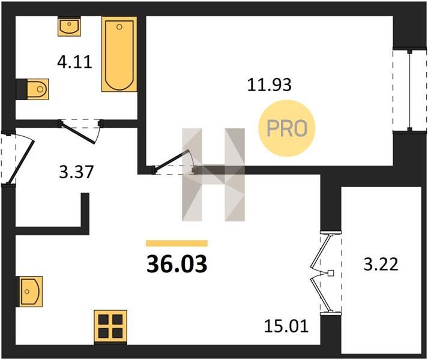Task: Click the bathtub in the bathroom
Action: [119, 54]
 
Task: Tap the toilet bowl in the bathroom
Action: [38, 89]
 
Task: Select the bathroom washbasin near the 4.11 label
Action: [69, 26]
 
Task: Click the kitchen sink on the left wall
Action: [29, 292]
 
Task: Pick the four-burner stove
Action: [110, 326]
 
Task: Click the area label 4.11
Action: [74, 62]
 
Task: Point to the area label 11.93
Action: [269, 85]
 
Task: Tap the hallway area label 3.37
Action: [76, 172]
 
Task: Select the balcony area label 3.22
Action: [381, 264]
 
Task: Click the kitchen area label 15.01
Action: [286, 326]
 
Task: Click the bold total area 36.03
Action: [177, 264]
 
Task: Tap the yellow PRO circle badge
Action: [287, 128]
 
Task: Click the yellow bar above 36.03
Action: [177, 243]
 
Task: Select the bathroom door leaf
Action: [79, 133]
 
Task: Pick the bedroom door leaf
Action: [172, 161]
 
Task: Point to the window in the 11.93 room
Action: [410, 91]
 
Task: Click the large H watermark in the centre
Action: [214, 175]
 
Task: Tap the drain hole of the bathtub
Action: [119, 27]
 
